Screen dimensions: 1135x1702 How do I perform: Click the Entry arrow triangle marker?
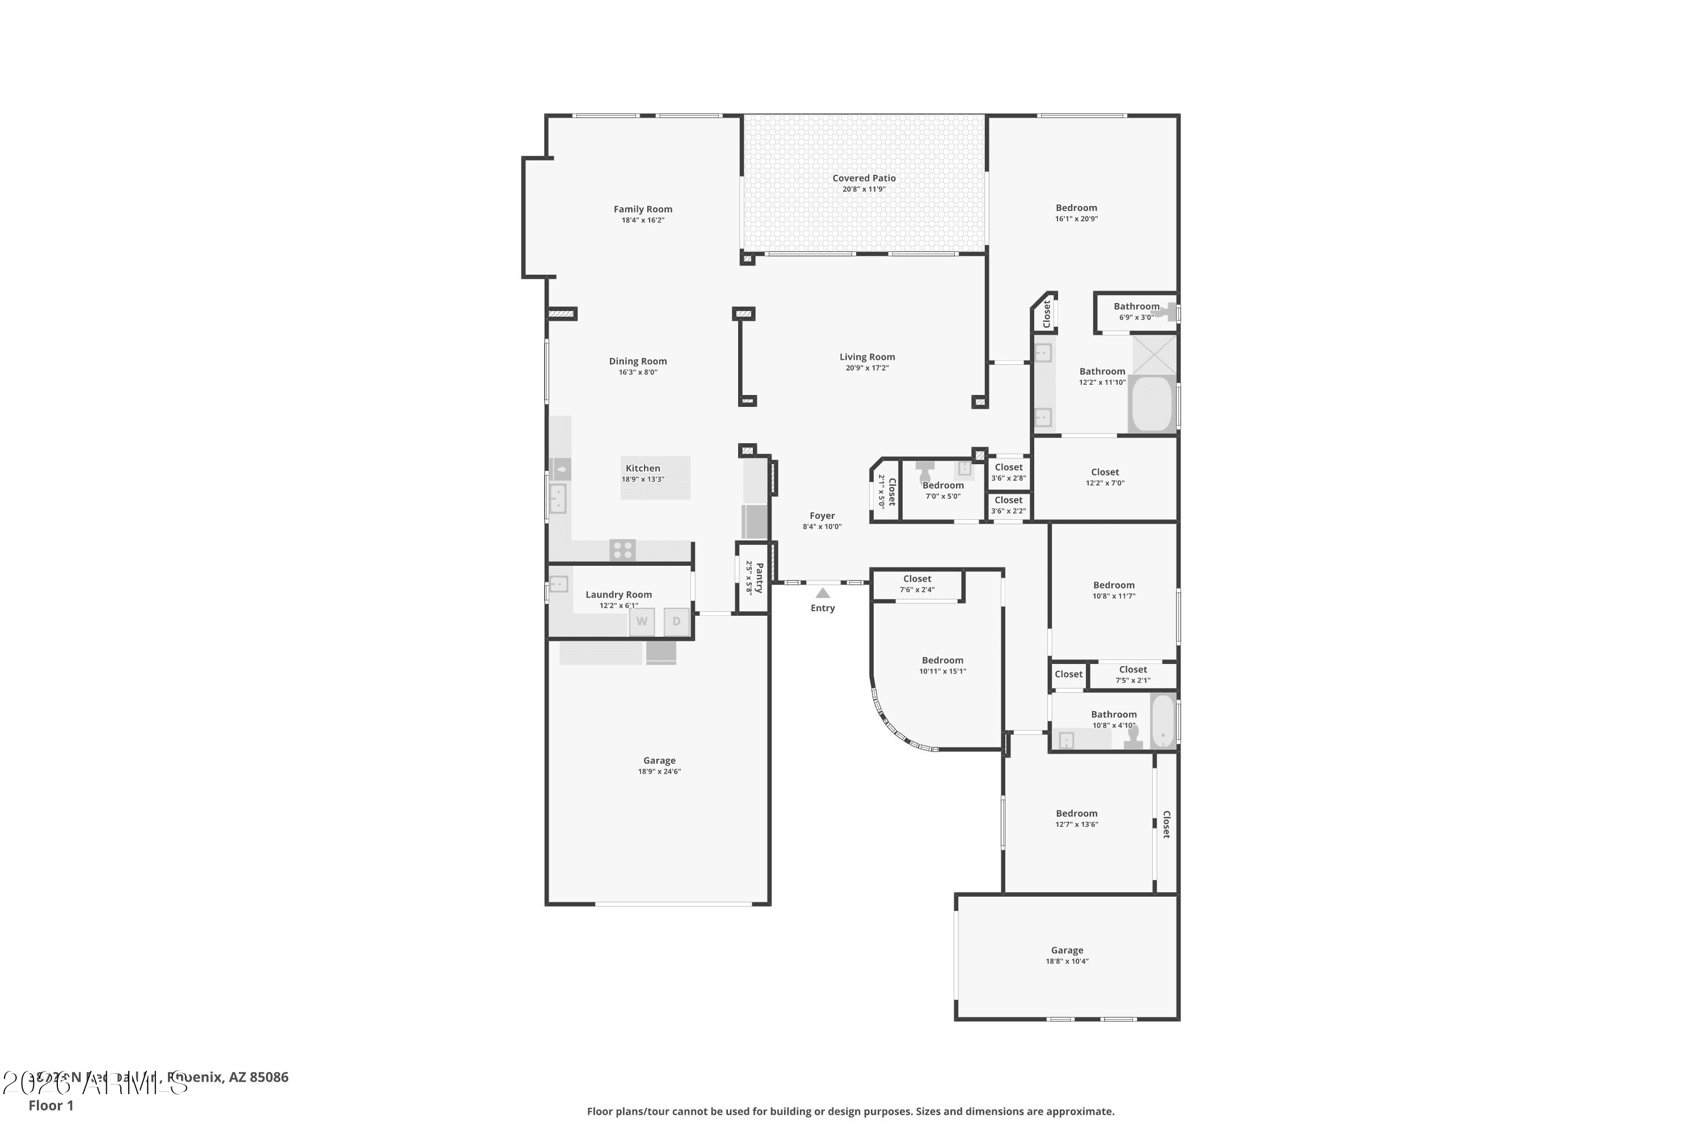coord(823,593)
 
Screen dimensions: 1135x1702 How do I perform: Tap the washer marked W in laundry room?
coord(642,622)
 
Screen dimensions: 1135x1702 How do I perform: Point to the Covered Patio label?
coord(864,178)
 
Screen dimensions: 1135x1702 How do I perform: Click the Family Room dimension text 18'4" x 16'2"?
coord(643,220)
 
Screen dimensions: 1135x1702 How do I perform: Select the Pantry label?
coord(759,578)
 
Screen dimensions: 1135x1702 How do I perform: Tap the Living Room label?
coord(867,357)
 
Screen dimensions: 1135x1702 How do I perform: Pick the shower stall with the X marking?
coord(1154,354)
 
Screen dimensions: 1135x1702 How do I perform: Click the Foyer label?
coord(822,516)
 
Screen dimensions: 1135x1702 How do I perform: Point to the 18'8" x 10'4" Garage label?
coord(1067,951)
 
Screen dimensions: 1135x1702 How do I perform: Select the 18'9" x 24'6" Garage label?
coord(659,761)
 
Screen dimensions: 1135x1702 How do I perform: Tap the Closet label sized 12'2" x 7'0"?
coord(1105,472)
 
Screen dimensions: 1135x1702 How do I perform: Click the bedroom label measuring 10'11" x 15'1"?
coord(942,660)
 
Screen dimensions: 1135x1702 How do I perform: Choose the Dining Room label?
coord(638,361)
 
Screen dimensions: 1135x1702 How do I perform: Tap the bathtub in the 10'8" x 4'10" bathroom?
coord(1163,721)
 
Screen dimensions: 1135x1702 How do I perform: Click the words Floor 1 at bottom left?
coord(50,1105)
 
